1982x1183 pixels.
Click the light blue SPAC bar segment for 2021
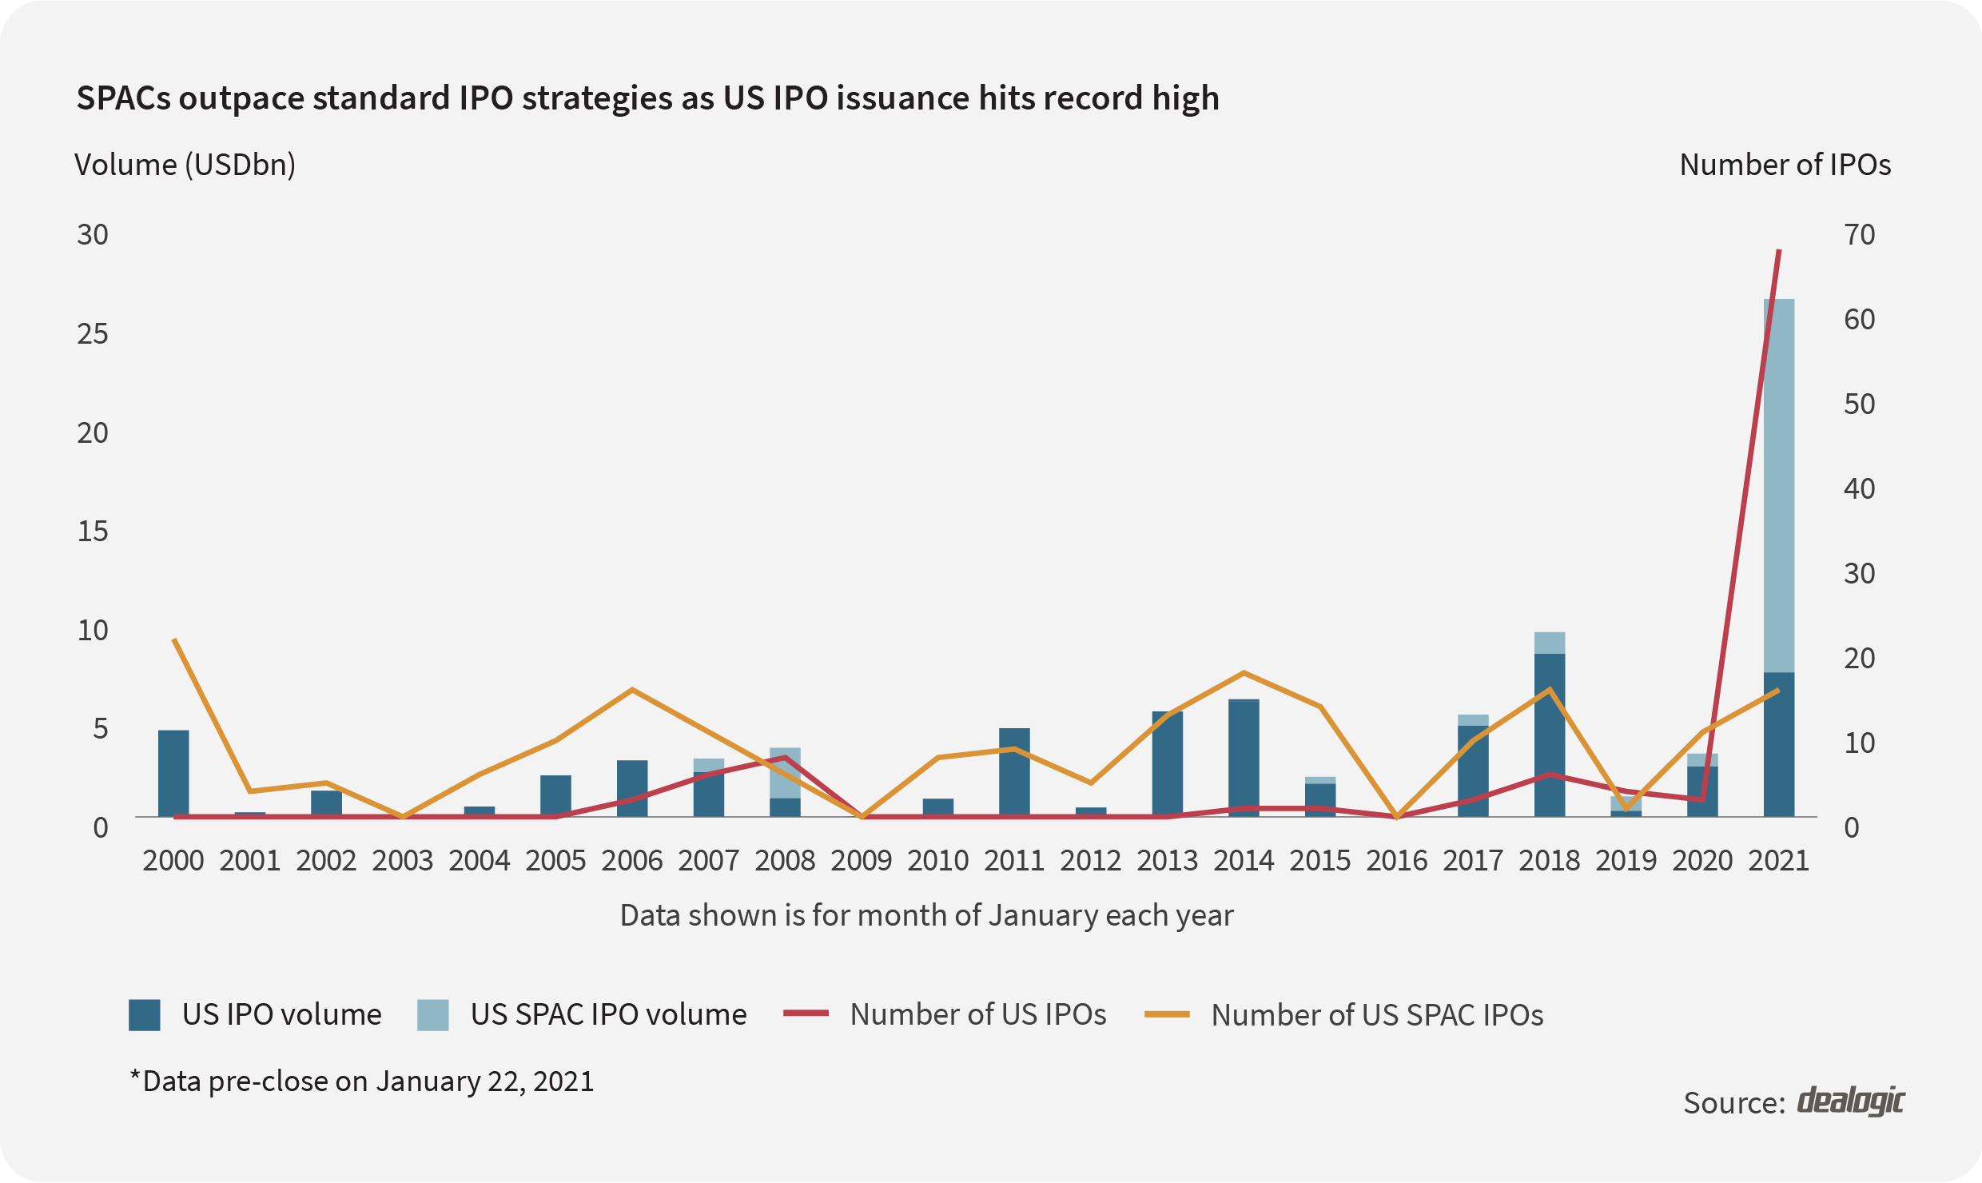(1779, 485)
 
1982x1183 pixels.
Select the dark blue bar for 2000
(173, 773)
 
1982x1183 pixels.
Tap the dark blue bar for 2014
(1244, 758)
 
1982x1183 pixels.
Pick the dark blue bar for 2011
(1014, 772)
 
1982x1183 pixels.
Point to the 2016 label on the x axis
(1396, 861)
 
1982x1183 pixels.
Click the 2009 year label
(862, 861)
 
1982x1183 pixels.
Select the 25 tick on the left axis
(93, 334)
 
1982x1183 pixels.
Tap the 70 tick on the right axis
(1859, 235)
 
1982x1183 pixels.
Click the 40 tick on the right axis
(1859, 488)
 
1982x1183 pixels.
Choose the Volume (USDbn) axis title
(185, 165)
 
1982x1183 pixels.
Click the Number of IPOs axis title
(1785, 165)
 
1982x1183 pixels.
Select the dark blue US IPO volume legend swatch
(145, 1015)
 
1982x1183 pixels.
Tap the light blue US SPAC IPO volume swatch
(432, 1015)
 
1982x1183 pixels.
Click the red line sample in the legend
(806, 1014)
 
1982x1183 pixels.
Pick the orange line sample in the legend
(1167, 1014)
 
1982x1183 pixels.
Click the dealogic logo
(1850, 1101)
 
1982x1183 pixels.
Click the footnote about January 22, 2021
(362, 1081)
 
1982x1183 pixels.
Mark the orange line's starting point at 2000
(174, 640)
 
